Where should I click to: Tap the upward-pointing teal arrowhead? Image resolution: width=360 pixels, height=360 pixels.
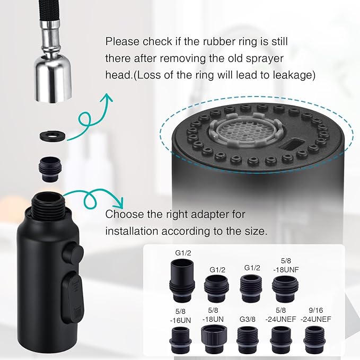click(107, 99)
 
